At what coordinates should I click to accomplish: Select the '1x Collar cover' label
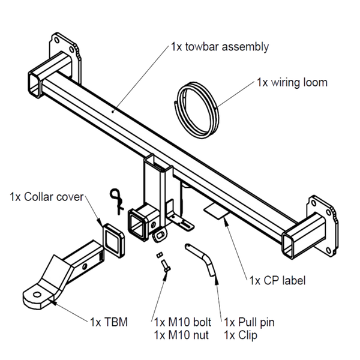pos(47,197)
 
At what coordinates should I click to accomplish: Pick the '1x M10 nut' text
pos(179,334)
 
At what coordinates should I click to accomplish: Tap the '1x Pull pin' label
pos(249,322)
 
